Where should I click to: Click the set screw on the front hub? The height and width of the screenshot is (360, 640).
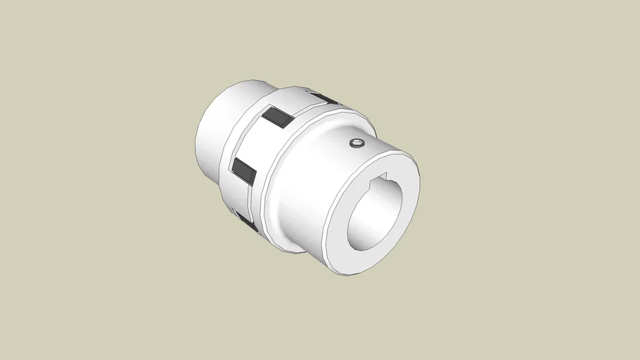[357, 144]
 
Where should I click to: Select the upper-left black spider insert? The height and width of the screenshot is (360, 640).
[278, 117]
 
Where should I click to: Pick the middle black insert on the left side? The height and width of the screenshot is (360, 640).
[243, 169]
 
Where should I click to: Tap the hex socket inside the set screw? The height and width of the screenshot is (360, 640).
[357, 144]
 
